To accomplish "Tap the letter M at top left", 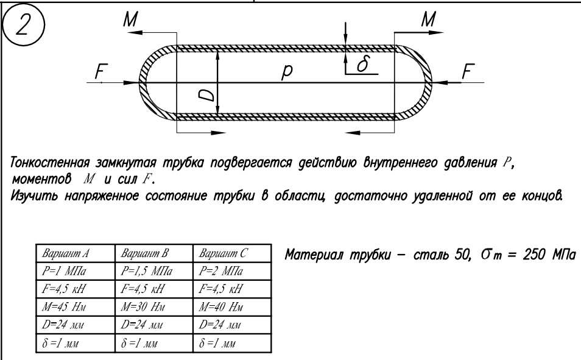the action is pos(129,20).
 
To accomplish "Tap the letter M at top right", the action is pos(430,20).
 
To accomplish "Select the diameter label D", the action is pos(206,93).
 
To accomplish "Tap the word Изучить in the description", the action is pos(31,197).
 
